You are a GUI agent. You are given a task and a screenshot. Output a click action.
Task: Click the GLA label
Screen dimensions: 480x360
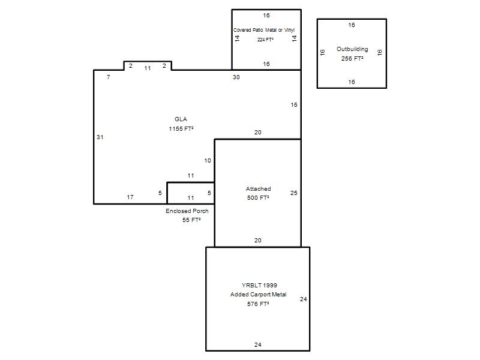coord(181,119)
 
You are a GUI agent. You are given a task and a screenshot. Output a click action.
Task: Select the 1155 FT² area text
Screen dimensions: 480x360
coord(181,128)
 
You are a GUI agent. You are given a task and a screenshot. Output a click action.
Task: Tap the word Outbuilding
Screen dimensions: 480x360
coord(352,49)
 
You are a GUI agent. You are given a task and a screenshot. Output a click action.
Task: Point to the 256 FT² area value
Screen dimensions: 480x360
coord(352,58)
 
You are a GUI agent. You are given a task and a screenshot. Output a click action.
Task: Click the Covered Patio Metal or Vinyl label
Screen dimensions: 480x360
coord(264,30)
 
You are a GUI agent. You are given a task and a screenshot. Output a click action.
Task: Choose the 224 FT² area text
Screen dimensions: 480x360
coord(265,40)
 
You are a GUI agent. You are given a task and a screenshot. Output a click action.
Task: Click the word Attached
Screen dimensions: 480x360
coord(259,188)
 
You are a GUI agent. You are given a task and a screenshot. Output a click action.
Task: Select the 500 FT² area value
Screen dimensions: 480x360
coord(258,198)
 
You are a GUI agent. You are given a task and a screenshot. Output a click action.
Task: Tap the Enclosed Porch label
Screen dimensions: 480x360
coord(187,211)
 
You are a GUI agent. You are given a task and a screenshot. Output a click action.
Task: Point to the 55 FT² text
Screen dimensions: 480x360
coord(191,220)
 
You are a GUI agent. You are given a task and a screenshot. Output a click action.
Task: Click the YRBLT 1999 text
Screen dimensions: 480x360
coord(259,285)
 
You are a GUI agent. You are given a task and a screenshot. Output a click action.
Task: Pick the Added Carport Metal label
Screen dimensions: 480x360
coord(259,294)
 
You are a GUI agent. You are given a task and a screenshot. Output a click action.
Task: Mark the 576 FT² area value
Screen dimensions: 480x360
coord(258,304)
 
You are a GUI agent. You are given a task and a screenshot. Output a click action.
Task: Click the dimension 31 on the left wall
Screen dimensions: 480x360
coord(100,137)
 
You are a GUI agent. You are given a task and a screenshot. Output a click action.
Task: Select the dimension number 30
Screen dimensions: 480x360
coord(236,77)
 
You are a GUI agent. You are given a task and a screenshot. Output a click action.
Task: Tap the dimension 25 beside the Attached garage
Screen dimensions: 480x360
coord(293,193)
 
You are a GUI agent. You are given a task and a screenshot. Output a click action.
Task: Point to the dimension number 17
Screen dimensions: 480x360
coord(130,197)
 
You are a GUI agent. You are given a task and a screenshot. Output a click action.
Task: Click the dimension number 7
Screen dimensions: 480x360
coord(109,77)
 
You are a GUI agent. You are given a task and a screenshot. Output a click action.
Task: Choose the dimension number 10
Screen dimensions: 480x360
coord(208,160)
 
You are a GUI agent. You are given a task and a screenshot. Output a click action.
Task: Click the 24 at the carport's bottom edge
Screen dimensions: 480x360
coord(258,344)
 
